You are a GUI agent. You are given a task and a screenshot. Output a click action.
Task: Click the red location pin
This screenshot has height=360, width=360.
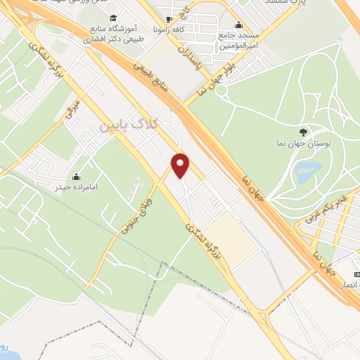[x=181, y=164]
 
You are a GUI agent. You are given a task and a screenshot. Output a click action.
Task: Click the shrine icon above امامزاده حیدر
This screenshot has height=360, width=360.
[x=76, y=176]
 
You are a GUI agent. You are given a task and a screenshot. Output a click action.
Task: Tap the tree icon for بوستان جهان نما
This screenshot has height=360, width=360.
[x=303, y=131]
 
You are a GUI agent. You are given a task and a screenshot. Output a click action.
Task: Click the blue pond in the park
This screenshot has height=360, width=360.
[x=307, y=170]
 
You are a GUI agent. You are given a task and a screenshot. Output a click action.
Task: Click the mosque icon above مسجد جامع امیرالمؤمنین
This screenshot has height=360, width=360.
[x=238, y=23]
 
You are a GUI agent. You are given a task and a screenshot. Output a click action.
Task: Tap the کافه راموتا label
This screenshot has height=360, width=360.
[x=169, y=32]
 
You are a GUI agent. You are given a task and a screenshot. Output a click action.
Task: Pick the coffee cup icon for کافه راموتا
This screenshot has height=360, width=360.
[x=169, y=20]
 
